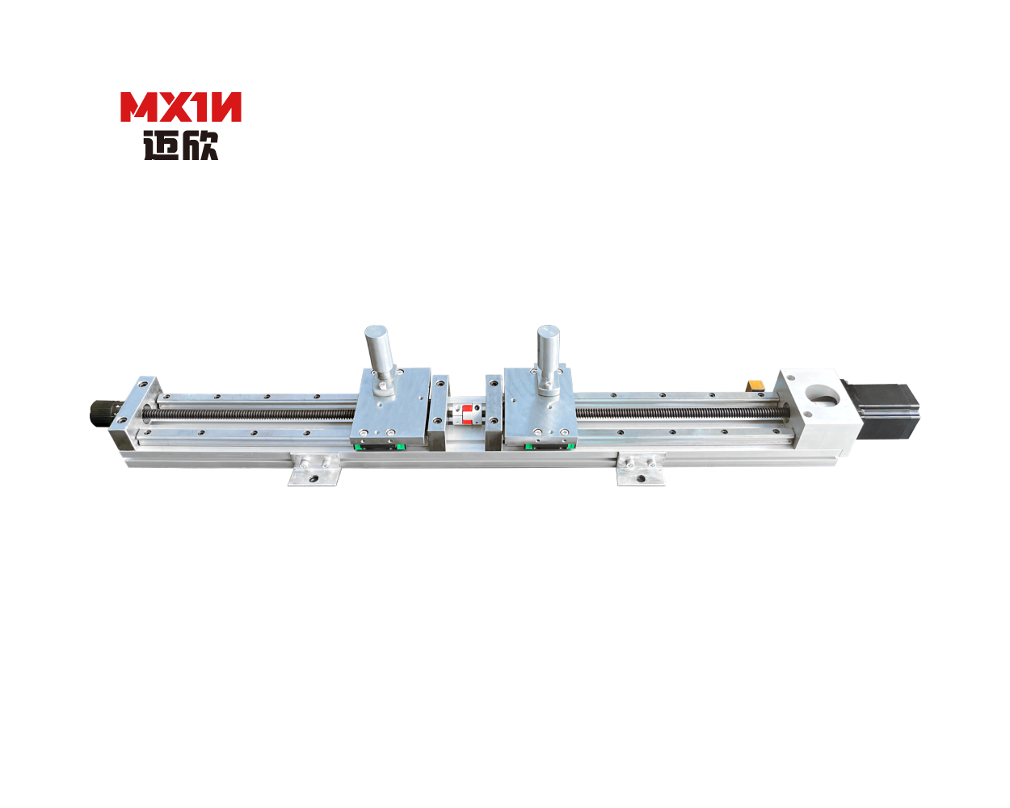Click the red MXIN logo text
(x=181, y=107)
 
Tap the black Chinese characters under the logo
(x=181, y=145)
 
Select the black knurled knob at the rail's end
(x=102, y=412)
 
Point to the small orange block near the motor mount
(x=755, y=385)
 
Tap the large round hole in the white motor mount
(x=822, y=395)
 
